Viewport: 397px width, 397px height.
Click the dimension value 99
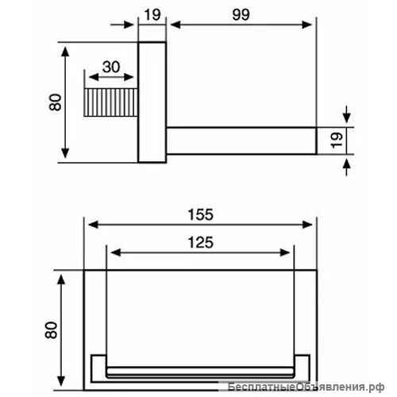241,14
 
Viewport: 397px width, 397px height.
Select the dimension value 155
200,214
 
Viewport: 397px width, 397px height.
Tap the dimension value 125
200,242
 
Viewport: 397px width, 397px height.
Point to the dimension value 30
111,67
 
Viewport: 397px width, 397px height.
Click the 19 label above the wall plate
152,15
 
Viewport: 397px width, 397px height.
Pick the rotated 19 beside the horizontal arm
337,140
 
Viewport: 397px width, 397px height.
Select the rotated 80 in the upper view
56,102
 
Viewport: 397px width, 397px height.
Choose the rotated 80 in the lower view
51,330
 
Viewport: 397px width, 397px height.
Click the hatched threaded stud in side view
111,102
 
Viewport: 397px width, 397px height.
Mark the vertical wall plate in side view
152,102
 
